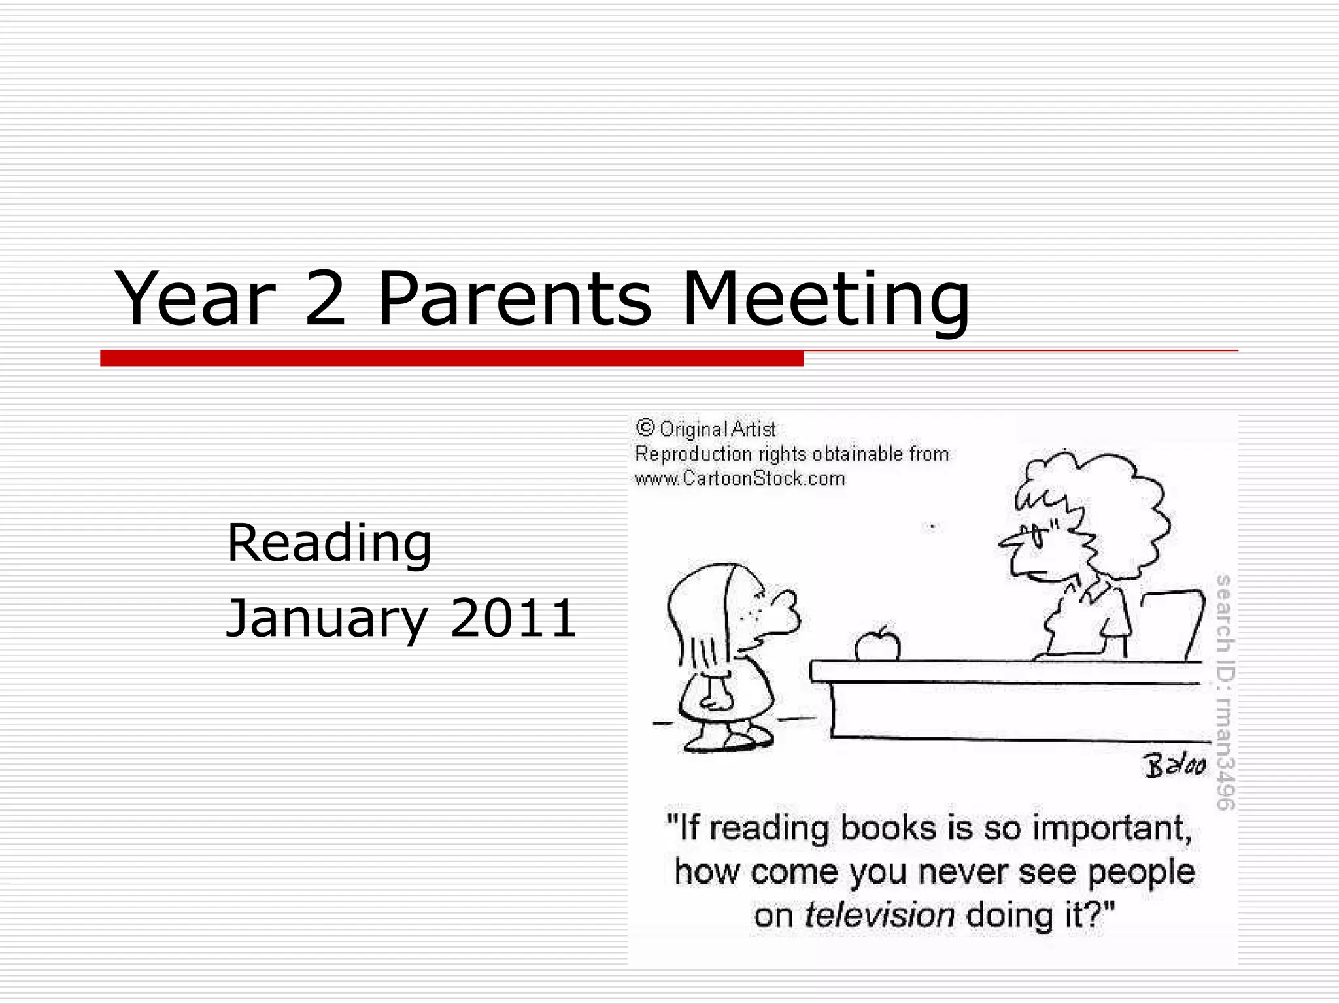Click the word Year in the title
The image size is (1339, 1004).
[x=194, y=299]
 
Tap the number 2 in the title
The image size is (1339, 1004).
[x=325, y=299]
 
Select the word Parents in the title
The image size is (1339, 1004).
[x=515, y=299]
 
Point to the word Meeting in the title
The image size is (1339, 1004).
[x=825, y=299]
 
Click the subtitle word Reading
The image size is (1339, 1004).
[x=329, y=543]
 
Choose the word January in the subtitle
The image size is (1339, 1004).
[x=327, y=618]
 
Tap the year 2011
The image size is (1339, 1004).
[x=513, y=618]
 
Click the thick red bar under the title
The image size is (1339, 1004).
[x=451, y=358]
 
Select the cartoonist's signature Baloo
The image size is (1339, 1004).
[x=1174, y=766]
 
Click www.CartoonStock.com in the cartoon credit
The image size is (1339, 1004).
[x=739, y=479]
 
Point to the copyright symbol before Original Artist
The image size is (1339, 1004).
[x=645, y=428]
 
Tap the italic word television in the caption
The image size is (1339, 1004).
[x=879, y=915]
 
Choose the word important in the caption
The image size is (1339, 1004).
[x=1111, y=828]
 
